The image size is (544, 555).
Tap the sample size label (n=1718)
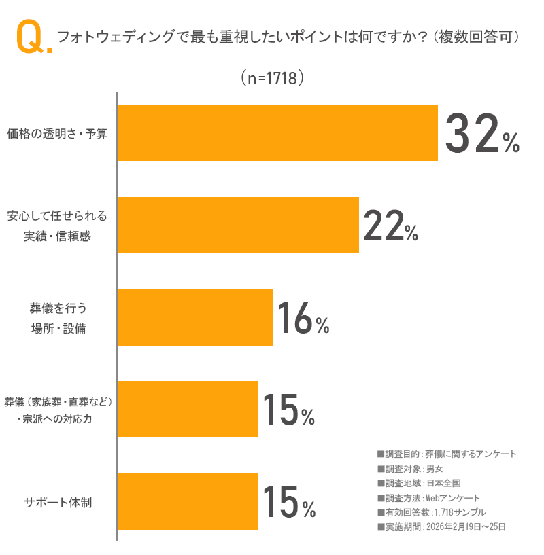click(x=271, y=78)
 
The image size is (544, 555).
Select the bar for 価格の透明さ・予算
click(x=277, y=132)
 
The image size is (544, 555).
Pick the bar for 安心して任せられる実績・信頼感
click(x=238, y=225)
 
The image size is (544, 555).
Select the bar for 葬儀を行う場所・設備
click(x=195, y=317)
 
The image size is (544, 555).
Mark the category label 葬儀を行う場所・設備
click(x=58, y=318)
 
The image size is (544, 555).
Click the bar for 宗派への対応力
click(x=188, y=409)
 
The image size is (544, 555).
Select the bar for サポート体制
click(x=188, y=501)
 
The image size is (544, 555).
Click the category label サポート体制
click(x=58, y=503)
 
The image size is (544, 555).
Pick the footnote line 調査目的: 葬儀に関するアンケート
click(x=446, y=454)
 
